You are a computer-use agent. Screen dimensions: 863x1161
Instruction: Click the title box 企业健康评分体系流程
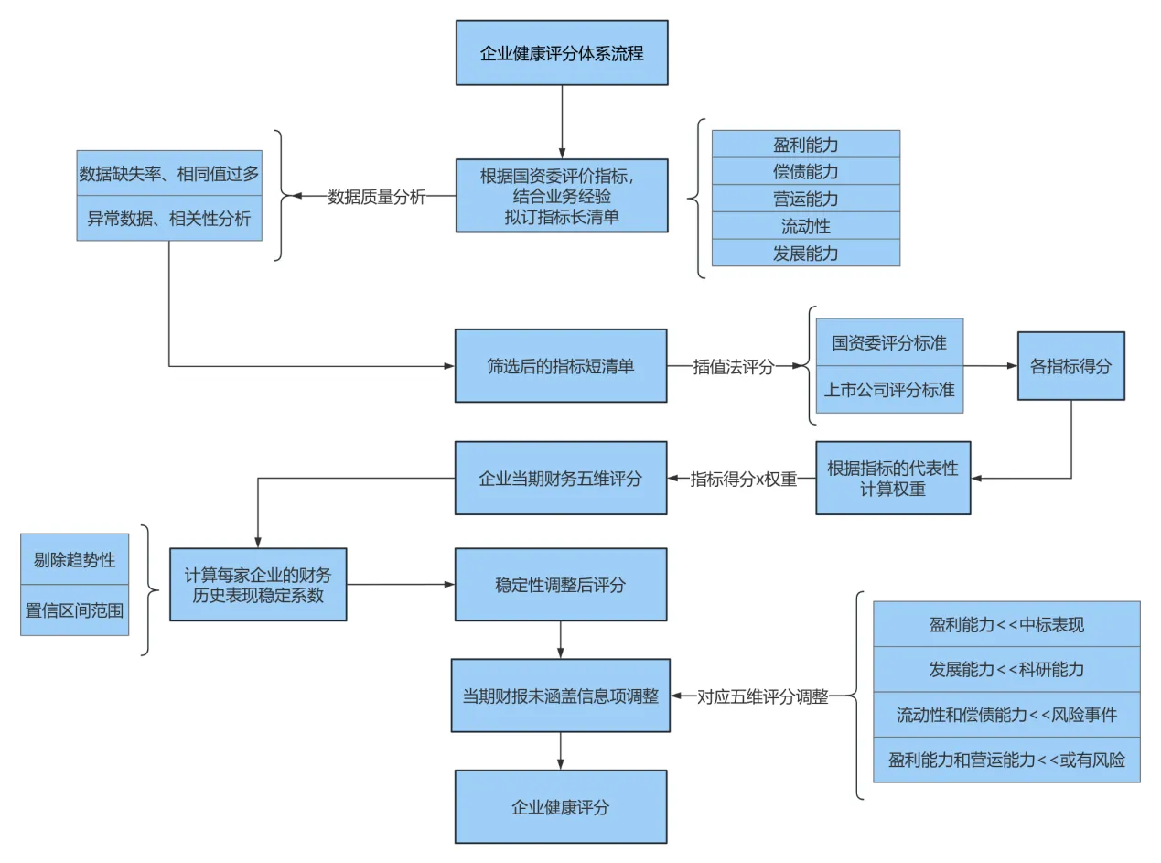click(x=562, y=53)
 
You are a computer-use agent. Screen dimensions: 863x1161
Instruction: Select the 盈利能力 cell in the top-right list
click(x=805, y=145)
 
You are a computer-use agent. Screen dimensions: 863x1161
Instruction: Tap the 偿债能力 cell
click(x=805, y=171)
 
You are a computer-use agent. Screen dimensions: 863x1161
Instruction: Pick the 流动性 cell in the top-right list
click(x=805, y=226)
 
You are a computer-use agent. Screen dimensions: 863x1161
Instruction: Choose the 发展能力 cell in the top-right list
click(x=805, y=254)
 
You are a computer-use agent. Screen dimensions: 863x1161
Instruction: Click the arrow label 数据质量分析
click(x=377, y=196)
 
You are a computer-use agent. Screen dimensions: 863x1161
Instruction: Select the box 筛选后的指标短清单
click(x=561, y=366)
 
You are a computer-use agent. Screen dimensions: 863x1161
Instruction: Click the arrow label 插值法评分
click(x=733, y=367)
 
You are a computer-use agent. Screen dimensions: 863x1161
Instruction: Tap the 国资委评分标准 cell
click(x=889, y=343)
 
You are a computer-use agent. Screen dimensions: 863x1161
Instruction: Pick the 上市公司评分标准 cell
click(x=889, y=390)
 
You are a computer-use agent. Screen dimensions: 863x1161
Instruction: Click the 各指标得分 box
click(x=1070, y=366)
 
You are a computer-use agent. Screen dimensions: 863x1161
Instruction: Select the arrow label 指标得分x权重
click(x=743, y=479)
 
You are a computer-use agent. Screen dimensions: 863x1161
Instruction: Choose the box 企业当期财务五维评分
click(x=561, y=478)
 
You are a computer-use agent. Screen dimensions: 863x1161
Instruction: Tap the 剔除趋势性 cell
click(x=75, y=560)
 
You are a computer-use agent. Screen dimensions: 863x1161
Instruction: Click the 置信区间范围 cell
click(x=75, y=609)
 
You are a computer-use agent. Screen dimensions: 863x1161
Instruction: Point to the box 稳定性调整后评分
click(x=561, y=585)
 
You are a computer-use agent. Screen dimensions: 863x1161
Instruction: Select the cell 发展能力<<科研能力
click(x=1006, y=670)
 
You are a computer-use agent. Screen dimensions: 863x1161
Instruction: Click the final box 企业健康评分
click(x=561, y=807)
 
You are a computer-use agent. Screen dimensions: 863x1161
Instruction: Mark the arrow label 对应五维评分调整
click(x=763, y=696)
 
